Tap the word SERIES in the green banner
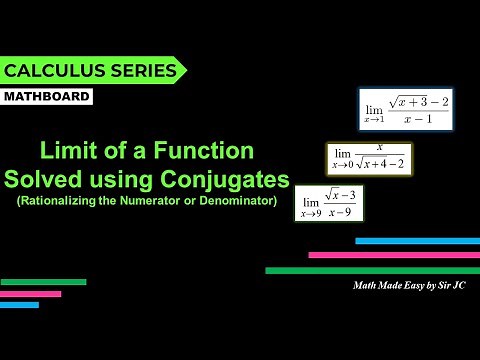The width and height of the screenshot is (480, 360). [147, 70]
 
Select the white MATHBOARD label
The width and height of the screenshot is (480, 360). [47, 97]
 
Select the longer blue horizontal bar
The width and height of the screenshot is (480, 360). [417, 241]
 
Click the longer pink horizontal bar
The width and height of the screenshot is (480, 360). [393, 255]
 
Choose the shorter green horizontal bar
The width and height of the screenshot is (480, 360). [43, 282]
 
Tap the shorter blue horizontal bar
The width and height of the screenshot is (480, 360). [19, 305]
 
